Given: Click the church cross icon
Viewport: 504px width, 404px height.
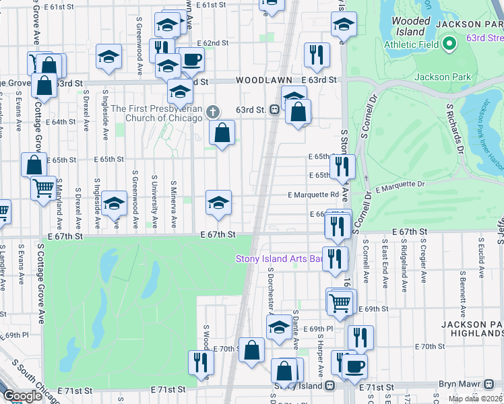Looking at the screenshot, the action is point(213,112).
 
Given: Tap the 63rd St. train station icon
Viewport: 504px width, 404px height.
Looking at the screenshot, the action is point(275,110).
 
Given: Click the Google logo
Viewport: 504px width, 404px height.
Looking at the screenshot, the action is point(22,396).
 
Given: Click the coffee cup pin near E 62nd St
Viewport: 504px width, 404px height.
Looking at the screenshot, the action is point(191,59).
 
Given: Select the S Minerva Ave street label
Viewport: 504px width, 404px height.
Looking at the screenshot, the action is point(173,202).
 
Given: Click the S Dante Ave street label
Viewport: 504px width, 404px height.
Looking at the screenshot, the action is point(295,330).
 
